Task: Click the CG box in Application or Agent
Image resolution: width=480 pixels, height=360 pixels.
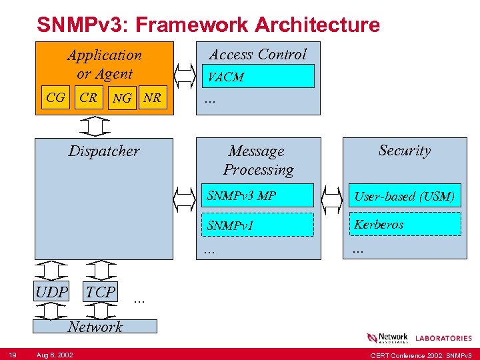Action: pyautogui.click(x=56, y=98)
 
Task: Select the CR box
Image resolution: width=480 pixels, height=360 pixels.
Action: pyautogui.click(x=88, y=98)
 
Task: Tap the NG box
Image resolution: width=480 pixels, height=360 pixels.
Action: pyautogui.click(x=122, y=99)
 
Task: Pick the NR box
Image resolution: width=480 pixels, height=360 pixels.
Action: pyautogui.click(x=153, y=98)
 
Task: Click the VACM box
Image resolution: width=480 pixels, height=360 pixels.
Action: pyautogui.click(x=258, y=77)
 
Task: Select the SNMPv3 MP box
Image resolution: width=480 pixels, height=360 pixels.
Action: pyautogui.click(x=258, y=196)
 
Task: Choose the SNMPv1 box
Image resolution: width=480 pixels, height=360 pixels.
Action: pyautogui.click(x=258, y=225)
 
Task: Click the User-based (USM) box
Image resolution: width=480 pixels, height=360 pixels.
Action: pyautogui.click(x=404, y=196)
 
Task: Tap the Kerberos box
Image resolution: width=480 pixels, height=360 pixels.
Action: pyautogui.click(x=404, y=225)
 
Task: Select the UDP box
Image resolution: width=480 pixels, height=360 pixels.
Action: pyautogui.click(x=51, y=292)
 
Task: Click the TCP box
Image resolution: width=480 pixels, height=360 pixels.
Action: pyautogui.click(x=101, y=292)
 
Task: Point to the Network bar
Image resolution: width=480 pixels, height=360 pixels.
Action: pyautogui.click(x=95, y=326)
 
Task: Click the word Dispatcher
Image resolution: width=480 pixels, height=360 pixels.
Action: pyautogui.click(x=104, y=151)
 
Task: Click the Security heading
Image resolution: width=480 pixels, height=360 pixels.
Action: pyautogui.click(x=404, y=151)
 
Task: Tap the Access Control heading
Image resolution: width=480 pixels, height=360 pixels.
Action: pyautogui.click(x=258, y=55)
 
